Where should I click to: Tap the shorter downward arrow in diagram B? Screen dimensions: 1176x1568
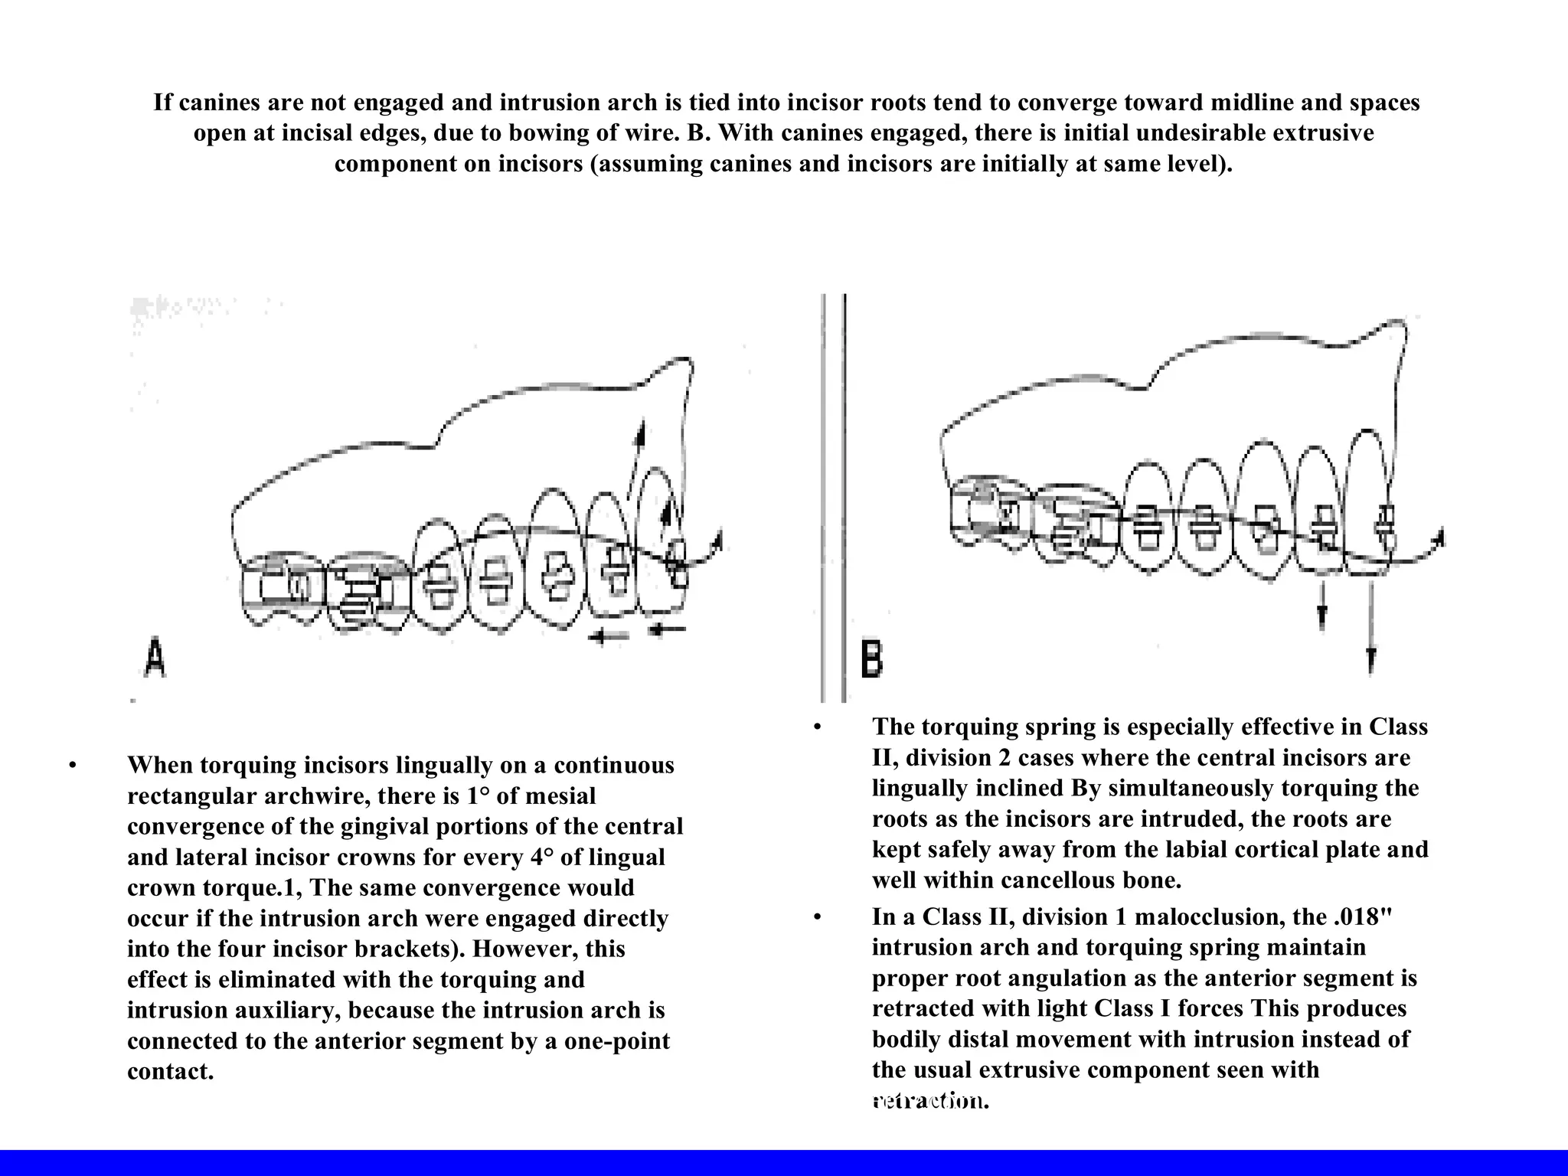[x=1322, y=609]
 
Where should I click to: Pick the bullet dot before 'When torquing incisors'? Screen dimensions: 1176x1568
[x=73, y=766]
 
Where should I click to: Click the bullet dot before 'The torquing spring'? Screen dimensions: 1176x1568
[x=818, y=727]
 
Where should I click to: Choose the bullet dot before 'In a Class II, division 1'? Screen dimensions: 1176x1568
[x=818, y=917]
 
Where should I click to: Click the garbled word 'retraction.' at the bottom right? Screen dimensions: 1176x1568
[x=930, y=1101]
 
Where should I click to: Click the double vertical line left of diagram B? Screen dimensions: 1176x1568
[x=833, y=498]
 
